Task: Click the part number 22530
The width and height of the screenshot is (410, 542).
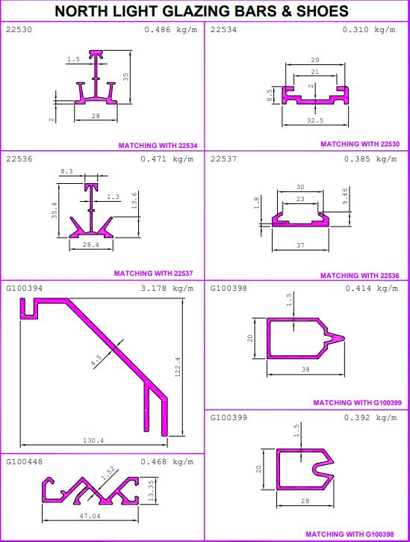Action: (19, 29)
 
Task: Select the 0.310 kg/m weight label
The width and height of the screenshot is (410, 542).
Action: (369, 29)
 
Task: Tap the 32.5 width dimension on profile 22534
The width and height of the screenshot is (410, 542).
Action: (315, 120)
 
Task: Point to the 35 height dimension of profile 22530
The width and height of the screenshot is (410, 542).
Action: (125, 76)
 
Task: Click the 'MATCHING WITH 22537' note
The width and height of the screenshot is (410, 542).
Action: (153, 274)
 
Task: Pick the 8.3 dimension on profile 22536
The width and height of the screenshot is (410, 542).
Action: (66, 170)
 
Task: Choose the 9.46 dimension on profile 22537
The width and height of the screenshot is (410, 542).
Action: (345, 196)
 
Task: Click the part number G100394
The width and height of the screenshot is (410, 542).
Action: (24, 288)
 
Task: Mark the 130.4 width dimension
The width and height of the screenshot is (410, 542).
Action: (93, 440)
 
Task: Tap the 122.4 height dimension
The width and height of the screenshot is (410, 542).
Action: (178, 367)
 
